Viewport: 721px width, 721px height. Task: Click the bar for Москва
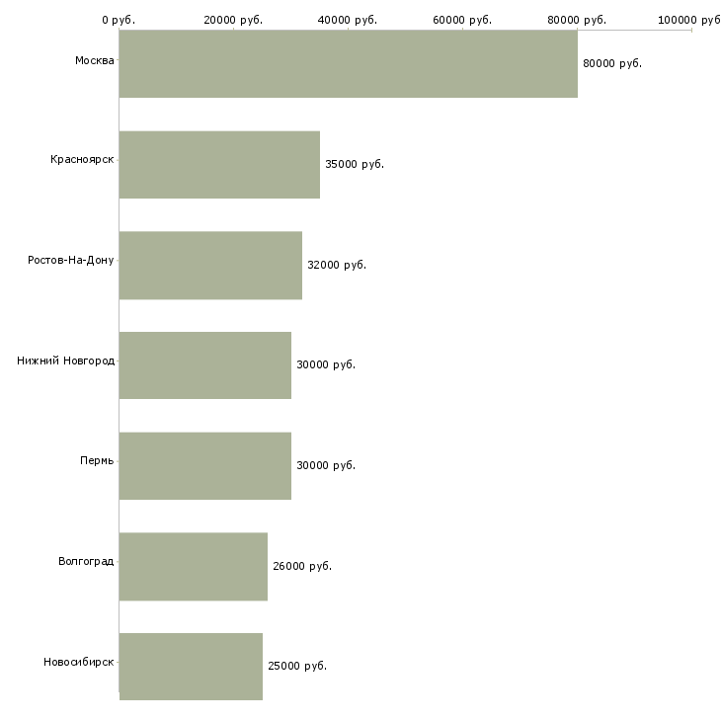click(348, 64)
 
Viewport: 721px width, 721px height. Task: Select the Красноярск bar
click(219, 165)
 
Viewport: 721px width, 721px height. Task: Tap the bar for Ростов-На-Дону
click(210, 266)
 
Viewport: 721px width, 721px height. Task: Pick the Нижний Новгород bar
click(205, 365)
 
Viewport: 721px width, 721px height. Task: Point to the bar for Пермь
click(205, 466)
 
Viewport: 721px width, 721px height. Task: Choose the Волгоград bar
click(194, 567)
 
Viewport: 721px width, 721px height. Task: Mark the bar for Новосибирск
click(191, 667)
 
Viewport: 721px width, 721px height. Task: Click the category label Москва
click(94, 60)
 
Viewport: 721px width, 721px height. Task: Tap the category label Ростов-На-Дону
click(70, 261)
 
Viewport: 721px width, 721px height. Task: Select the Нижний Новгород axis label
click(65, 360)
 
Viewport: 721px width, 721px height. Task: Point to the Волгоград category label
click(86, 561)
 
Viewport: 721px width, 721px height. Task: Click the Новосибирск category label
click(78, 662)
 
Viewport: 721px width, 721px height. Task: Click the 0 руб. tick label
click(119, 20)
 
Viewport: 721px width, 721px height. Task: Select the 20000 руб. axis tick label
click(233, 20)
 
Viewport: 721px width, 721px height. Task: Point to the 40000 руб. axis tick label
click(348, 20)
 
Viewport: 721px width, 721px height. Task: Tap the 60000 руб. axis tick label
click(462, 20)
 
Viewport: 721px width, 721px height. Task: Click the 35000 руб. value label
click(355, 164)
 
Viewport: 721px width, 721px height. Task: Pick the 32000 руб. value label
click(337, 265)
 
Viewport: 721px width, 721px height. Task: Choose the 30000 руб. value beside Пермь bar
click(326, 465)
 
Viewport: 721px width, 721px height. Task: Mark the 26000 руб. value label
click(302, 566)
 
